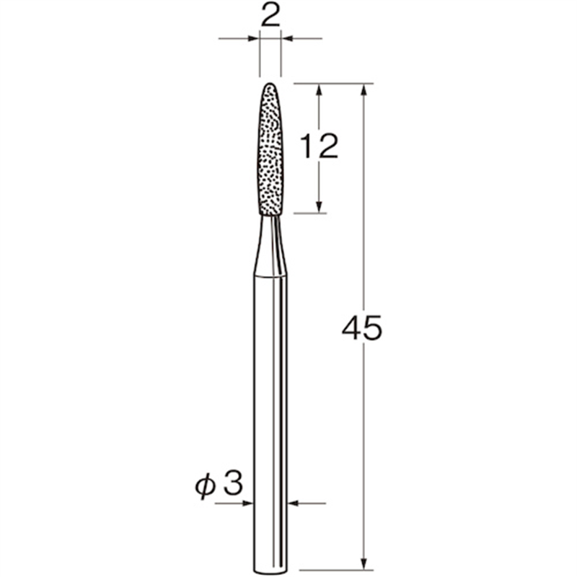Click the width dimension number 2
(x=270, y=17)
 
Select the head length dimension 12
(x=318, y=147)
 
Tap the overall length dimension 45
(x=361, y=329)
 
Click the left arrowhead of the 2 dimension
(x=253, y=38)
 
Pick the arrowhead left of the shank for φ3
(x=248, y=503)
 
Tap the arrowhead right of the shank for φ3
(x=294, y=503)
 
